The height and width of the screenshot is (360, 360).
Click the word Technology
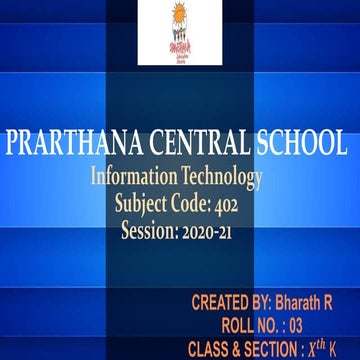[x=221, y=177]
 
